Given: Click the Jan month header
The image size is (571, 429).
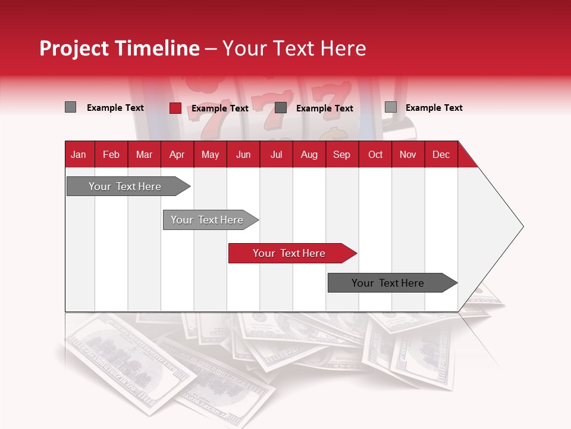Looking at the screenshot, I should pyautogui.click(x=79, y=154).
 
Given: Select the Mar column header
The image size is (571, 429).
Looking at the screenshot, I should pyautogui.click(x=144, y=154).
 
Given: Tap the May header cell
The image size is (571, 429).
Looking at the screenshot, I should pyautogui.click(x=210, y=154).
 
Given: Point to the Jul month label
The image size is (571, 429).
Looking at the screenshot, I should pyautogui.click(x=276, y=154).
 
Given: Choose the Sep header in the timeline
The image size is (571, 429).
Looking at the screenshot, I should pyautogui.click(x=341, y=154).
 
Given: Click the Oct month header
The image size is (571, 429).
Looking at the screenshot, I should pyautogui.click(x=375, y=154).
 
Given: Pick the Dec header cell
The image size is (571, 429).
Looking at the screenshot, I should pyautogui.click(x=441, y=154).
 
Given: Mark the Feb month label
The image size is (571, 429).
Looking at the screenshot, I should pyautogui.click(x=111, y=154).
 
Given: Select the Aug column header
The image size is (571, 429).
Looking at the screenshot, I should pyautogui.click(x=309, y=154).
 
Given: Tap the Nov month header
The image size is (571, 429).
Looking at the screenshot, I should pyautogui.click(x=408, y=154).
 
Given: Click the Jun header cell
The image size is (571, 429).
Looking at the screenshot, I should pyautogui.click(x=243, y=154).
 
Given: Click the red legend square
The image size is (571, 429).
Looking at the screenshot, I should pyautogui.click(x=175, y=108).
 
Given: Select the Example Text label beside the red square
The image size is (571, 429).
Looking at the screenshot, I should pyautogui.click(x=220, y=108).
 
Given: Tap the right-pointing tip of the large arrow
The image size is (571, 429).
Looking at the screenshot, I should pyautogui.click(x=522, y=226).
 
